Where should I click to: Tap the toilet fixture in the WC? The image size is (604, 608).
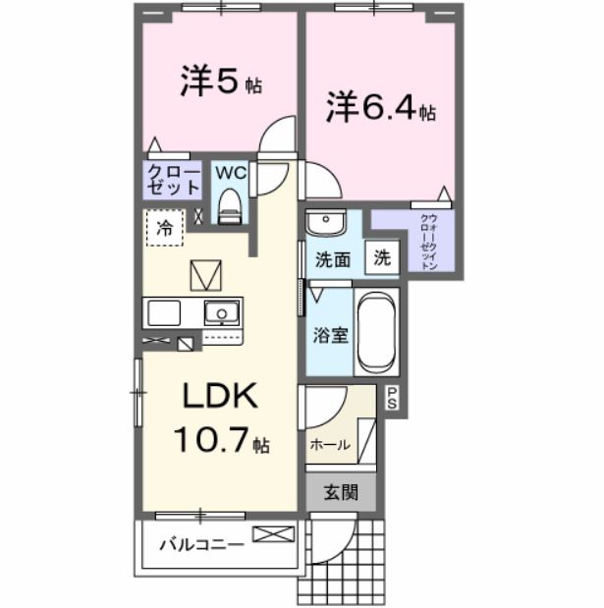point(230,205)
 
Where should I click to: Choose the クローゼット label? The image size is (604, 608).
point(173,180)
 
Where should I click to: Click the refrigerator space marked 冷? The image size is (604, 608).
point(165,228)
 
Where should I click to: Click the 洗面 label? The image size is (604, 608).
point(333,260)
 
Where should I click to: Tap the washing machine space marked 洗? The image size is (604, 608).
point(382,258)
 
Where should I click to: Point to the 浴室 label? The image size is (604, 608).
point(330,335)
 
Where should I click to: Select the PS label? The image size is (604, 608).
point(392,398)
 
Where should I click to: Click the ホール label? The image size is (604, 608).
point(330,444)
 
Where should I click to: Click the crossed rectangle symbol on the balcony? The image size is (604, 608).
point(273,535)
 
